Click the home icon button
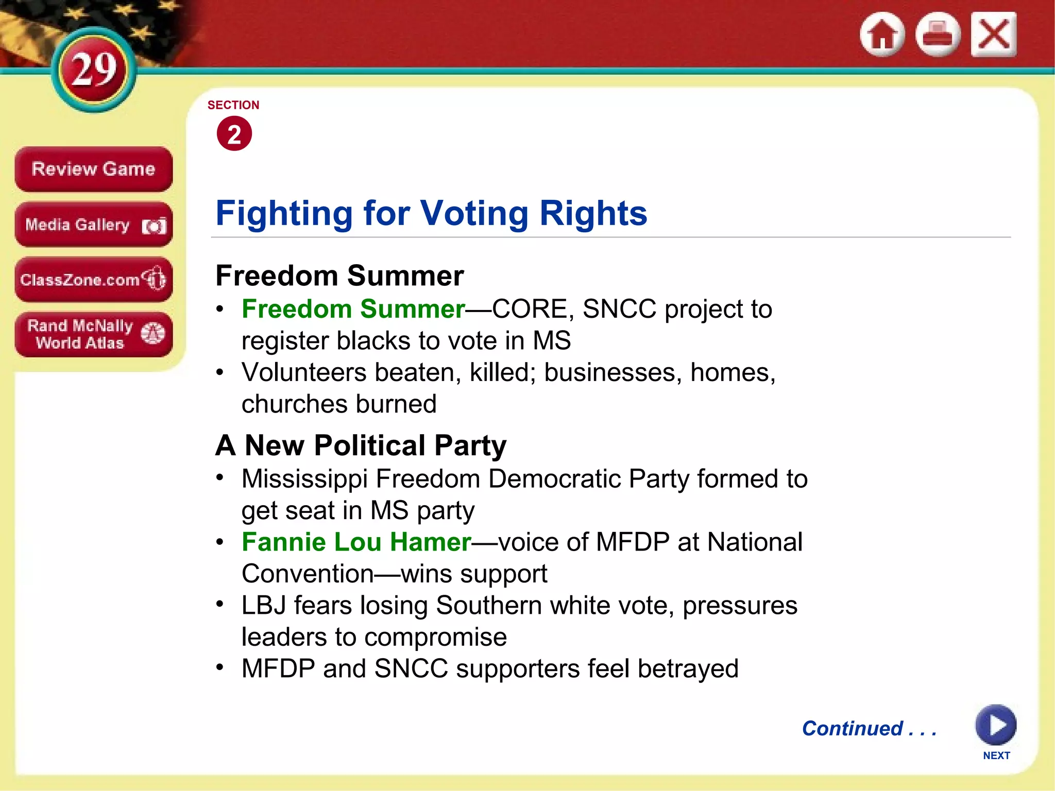click(x=882, y=35)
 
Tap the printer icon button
click(x=938, y=35)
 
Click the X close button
click(x=993, y=35)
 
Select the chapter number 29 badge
click(x=94, y=70)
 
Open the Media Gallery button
click(x=93, y=225)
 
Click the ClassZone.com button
click(x=93, y=280)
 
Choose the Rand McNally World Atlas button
click(x=93, y=334)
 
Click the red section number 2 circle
click(x=234, y=134)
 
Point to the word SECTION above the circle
click(x=233, y=105)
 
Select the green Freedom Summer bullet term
click(x=353, y=309)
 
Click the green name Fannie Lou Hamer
click(x=356, y=542)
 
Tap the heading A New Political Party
click(x=361, y=445)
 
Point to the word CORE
click(x=530, y=309)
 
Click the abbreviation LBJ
click(x=263, y=606)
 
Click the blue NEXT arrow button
click(x=995, y=725)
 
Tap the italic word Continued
click(x=853, y=729)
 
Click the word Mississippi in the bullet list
click(x=304, y=479)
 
